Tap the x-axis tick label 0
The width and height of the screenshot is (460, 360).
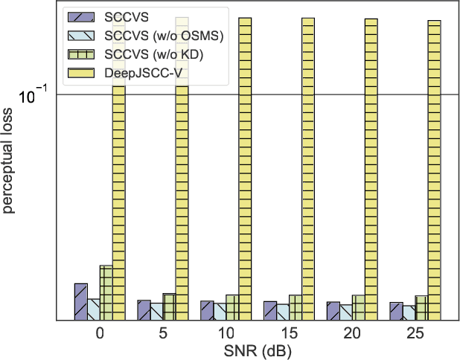pos(100,332)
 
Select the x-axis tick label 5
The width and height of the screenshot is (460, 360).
pos(163,332)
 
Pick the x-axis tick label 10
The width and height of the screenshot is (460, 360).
pos(226,332)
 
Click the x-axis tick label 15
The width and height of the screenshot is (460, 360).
pos(289,332)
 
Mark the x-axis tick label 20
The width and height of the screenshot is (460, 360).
pos(352,332)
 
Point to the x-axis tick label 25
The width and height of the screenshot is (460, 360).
pos(415,332)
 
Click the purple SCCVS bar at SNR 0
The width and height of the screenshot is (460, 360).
pos(80,302)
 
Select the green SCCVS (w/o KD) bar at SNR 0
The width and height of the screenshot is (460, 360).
pos(106,293)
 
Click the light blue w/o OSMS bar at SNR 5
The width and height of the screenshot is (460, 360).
pos(156,312)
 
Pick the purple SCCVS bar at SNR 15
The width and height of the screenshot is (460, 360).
pos(269,311)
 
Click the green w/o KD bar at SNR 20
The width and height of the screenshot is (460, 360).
pos(358,308)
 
